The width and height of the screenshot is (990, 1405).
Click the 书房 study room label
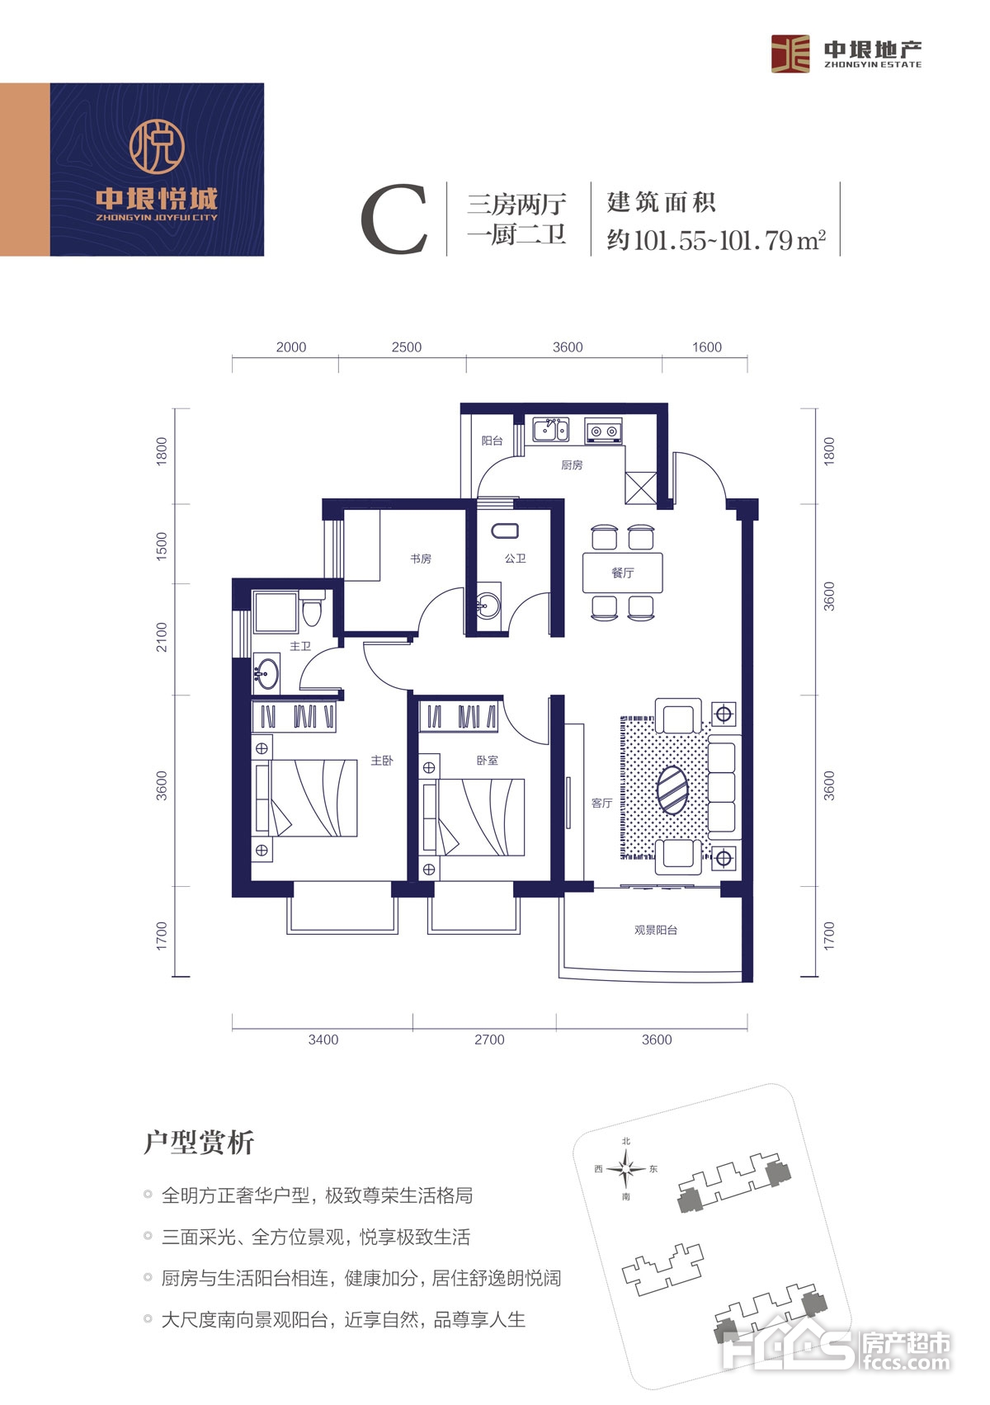pos(421,559)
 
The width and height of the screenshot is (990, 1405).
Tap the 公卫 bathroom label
pos(515,559)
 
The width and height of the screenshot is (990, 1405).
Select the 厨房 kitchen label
pos(572,464)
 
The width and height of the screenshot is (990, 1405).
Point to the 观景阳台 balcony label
pos(656,930)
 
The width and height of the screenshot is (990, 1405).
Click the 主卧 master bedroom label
pos(381,761)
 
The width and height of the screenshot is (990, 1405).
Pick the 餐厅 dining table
pos(622,573)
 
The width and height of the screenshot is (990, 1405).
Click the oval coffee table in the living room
pos(672,790)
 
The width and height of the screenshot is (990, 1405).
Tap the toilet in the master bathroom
pos(310,608)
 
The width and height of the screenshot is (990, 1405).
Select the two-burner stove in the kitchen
pos(604,431)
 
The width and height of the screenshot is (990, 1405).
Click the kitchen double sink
pos(551,431)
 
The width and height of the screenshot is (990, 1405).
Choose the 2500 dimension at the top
pos(407,347)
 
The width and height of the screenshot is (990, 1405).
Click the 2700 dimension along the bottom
pos(489,1040)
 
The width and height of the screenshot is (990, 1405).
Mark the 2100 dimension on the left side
pos(162,637)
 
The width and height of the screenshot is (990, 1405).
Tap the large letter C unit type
pos(394,219)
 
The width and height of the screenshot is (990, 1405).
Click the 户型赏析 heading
pos(199,1143)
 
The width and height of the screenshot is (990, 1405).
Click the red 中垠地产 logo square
pos(790,54)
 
